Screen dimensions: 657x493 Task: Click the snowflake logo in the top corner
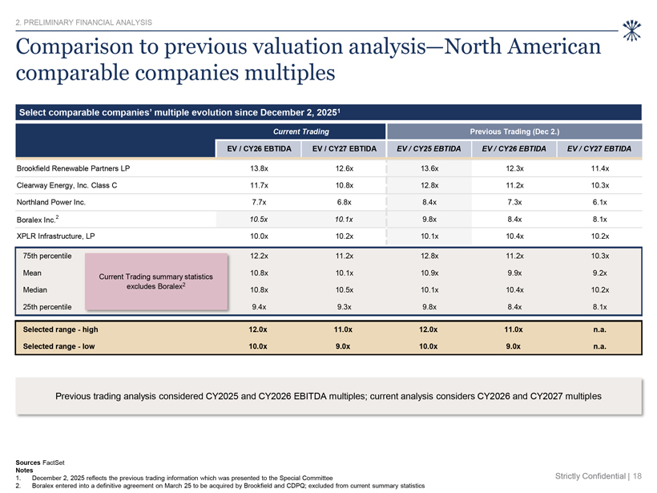click(631, 30)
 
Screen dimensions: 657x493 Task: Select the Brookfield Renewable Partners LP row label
click(74, 168)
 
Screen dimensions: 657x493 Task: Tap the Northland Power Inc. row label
click(51, 202)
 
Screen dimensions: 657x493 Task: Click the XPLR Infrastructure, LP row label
click(56, 236)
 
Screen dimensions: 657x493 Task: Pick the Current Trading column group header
click(301, 131)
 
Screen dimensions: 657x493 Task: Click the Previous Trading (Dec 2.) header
click(514, 131)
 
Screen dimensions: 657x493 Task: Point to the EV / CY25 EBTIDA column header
click(429, 149)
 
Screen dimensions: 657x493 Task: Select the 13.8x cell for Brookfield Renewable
click(259, 168)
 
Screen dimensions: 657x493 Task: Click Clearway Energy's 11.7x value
click(259, 185)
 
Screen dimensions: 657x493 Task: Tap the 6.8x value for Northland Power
click(345, 202)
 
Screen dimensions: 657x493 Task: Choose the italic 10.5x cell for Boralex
click(259, 220)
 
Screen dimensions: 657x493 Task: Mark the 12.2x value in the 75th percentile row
click(259, 256)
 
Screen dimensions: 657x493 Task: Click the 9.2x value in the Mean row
click(599, 273)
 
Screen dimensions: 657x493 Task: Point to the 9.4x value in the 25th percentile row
click(259, 307)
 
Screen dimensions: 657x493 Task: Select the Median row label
click(34, 289)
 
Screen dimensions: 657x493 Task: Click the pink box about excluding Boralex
click(156, 281)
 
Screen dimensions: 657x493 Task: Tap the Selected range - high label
click(60, 329)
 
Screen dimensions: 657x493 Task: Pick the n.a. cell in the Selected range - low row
click(599, 346)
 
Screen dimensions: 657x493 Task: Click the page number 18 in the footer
click(637, 476)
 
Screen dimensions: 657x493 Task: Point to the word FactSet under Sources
click(54, 463)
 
